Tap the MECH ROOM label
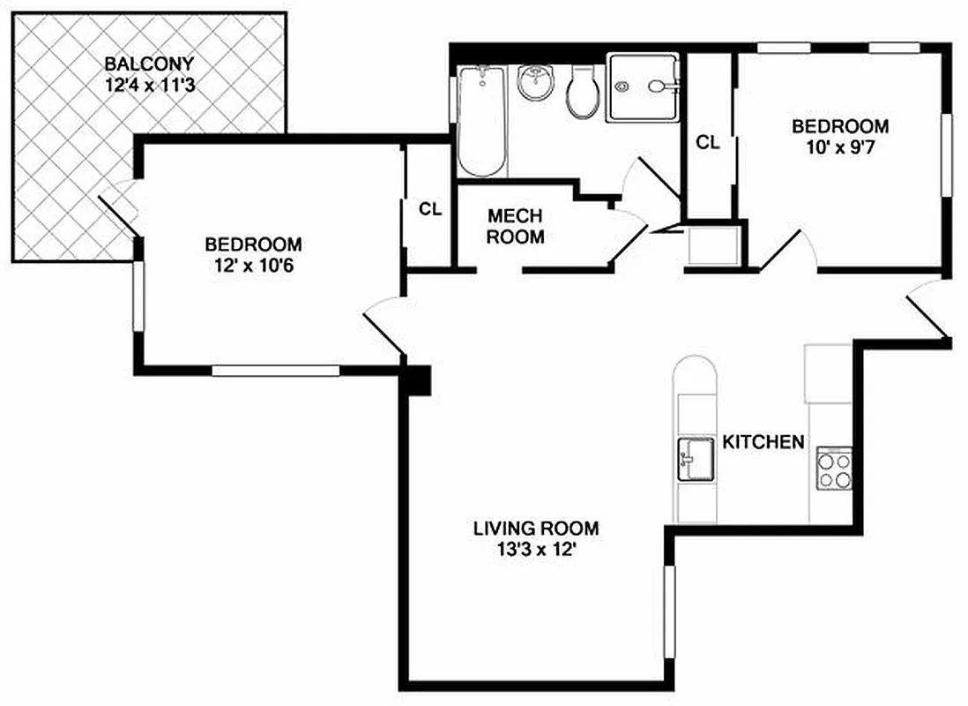(x=516, y=226)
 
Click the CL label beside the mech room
(x=429, y=209)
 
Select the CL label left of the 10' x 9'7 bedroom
(x=708, y=142)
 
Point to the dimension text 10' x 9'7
(x=838, y=147)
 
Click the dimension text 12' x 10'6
(x=253, y=264)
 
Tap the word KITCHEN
(x=763, y=442)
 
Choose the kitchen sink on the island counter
(x=695, y=458)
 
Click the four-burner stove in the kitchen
(x=834, y=469)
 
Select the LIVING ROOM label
(x=536, y=529)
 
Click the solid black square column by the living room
(x=417, y=380)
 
